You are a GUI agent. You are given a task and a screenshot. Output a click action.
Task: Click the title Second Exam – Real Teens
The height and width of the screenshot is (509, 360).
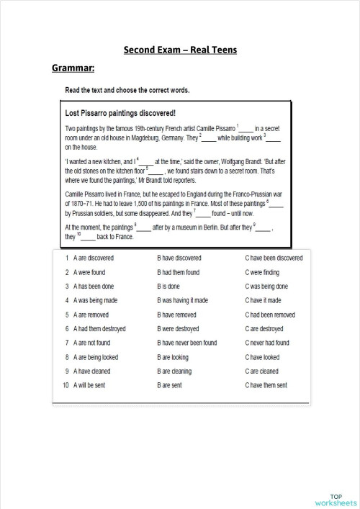pyautogui.click(x=180, y=50)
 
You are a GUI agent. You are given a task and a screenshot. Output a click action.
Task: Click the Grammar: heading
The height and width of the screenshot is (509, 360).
pyautogui.click(x=73, y=69)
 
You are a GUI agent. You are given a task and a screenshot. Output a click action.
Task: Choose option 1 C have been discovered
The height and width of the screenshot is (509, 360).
pyautogui.click(x=274, y=257)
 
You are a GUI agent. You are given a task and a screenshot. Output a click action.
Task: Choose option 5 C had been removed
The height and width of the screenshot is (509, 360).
pyautogui.click(x=270, y=315)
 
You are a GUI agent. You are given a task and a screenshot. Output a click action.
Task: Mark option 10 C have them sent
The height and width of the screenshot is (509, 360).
pyautogui.click(x=266, y=385)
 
